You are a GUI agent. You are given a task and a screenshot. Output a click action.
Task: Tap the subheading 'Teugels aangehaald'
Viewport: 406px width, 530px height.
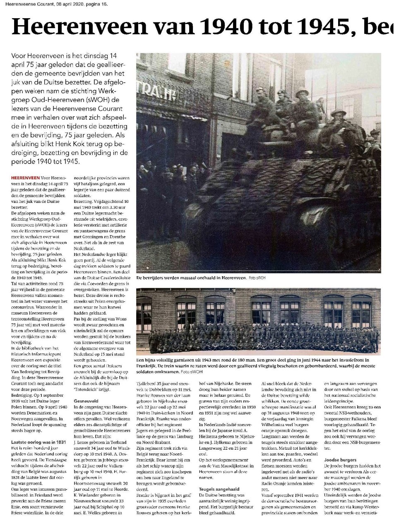tap(219, 489)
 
